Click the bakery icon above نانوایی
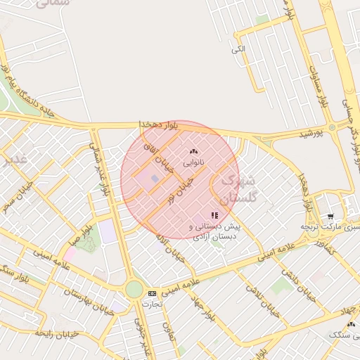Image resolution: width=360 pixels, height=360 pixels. (x=194, y=151)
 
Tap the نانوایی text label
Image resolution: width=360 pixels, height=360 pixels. (x=194, y=162)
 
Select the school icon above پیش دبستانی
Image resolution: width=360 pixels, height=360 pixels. (x=214, y=215)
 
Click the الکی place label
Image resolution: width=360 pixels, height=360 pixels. (x=238, y=49)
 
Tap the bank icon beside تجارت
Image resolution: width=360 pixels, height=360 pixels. (x=152, y=292)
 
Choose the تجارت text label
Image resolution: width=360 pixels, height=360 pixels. (x=151, y=304)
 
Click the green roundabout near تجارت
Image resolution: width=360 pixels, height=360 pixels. (x=134, y=289)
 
